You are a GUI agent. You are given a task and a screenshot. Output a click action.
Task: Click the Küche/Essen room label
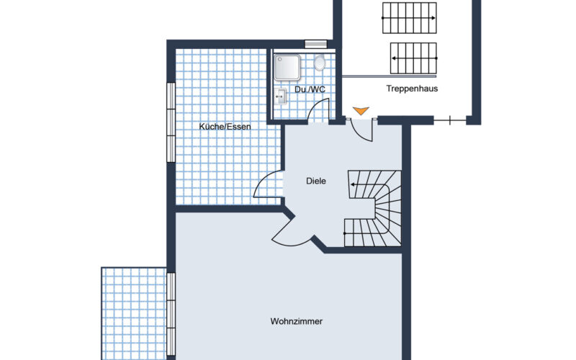225,127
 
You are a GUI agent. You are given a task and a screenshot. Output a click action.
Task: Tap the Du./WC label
310,89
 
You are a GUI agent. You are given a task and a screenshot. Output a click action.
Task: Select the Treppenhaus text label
412,89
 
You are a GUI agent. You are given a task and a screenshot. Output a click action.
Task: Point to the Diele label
316,181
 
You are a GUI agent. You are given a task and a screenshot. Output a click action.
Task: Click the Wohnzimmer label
297,321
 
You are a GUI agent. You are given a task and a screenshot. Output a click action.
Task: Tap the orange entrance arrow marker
361,111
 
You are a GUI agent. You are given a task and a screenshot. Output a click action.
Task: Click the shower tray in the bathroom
287,67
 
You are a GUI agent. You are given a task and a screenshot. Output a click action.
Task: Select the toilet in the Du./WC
320,63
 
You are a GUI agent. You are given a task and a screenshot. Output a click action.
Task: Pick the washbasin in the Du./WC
280,96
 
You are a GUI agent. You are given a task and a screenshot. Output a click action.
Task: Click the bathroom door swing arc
314,106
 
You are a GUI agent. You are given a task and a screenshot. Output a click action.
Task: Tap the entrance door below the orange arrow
362,130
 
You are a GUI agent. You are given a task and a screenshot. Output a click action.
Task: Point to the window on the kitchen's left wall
171,122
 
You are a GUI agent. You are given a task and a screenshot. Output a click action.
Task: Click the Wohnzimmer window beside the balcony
171,314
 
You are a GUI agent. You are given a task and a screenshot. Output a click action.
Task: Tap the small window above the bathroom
316,44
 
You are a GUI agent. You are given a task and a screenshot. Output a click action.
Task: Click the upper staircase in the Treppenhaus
410,18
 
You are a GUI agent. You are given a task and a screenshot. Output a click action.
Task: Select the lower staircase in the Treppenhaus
413,58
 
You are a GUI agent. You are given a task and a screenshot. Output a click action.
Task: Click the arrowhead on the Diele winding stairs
353,184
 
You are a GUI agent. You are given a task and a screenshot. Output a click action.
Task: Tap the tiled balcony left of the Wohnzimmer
134,314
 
